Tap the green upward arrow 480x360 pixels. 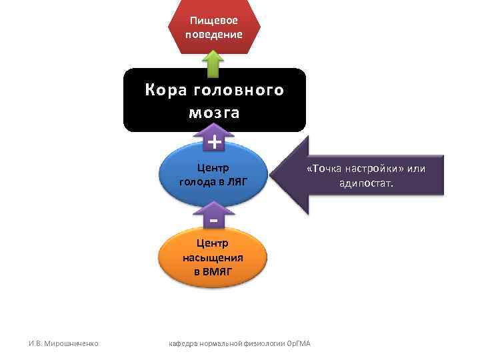point(213,65)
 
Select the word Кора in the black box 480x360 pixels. point(163,90)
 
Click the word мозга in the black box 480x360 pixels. point(214,113)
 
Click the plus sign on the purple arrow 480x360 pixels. point(214,142)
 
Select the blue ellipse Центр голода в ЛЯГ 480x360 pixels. point(213,175)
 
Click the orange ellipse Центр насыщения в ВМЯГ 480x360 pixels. point(213,257)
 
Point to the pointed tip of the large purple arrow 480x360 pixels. point(276,175)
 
